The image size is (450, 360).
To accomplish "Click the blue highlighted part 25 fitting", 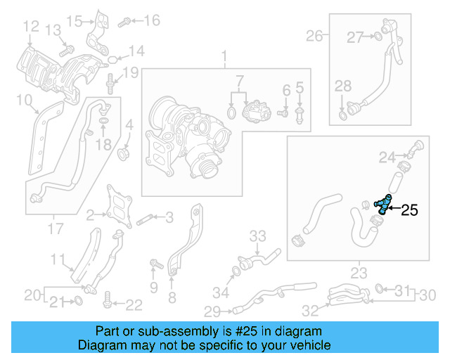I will pyautogui.click(x=382, y=205).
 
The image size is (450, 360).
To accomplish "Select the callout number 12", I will pyautogui.click(x=31, y=27).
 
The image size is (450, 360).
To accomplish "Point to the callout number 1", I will pyautogui.click(x=225, y=55).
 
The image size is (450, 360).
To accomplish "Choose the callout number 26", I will pyautogui.click(x=314, y=35).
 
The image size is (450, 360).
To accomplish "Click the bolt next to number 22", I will pyautogui.click(x=107, y=303).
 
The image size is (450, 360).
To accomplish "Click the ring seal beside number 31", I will pyautogui.click(x=380, y=288).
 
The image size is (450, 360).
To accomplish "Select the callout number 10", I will pyautogui.click(x=23, y=101).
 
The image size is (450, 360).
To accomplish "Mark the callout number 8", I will pyautogui.click(x=172, y=297).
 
